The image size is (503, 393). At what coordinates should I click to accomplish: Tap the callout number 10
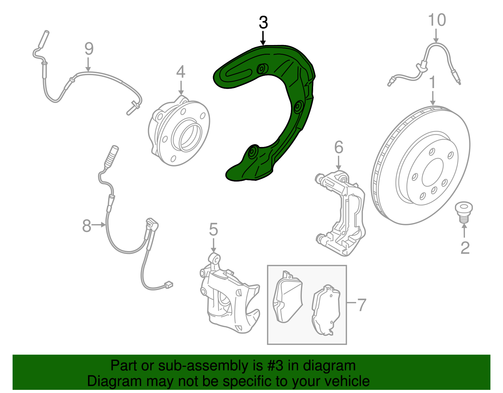pos(437,20)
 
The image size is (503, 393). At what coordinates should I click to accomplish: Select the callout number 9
pos(89,49)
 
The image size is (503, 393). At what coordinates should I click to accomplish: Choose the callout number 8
pos(86,226)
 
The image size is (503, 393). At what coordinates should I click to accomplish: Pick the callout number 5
pos(213,229)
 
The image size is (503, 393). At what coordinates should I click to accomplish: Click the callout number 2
pos(465,248)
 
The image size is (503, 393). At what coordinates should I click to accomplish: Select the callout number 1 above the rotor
pos(432,82)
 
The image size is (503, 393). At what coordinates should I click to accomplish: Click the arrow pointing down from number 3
pos(263,38)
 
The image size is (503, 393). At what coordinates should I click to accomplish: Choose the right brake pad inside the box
pos(326,310)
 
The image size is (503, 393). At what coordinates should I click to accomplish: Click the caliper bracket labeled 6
pos(340,213)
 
